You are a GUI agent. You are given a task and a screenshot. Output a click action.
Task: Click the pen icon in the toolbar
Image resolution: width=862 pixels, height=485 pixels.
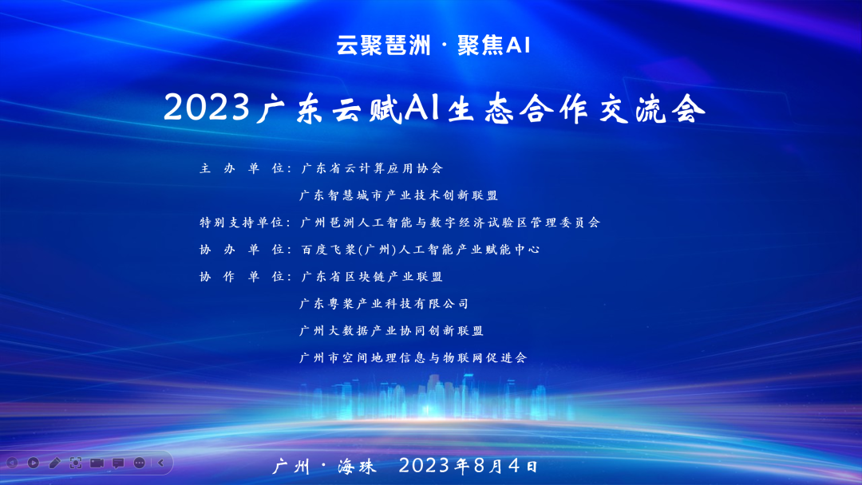pos(54,462)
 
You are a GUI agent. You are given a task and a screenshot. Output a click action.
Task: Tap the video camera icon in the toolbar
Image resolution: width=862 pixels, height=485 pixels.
pos(97,462)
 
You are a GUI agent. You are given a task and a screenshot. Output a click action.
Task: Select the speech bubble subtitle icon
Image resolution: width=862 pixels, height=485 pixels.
pos(118,462)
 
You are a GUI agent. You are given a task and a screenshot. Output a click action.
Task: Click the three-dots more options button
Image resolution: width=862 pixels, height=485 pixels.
pos(140,462)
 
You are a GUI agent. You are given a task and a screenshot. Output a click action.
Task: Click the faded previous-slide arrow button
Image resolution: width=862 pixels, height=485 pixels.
pos(12,462)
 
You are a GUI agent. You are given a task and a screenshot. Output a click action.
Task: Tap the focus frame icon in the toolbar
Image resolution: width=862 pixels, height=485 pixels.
pos(76,462)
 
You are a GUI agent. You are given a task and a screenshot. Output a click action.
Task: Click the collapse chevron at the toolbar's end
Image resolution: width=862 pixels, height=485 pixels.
pos(160,462)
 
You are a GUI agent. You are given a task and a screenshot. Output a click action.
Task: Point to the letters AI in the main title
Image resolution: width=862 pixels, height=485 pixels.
pos(413,108)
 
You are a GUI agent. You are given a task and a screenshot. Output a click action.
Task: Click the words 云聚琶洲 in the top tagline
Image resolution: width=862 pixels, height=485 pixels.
pos(382,46)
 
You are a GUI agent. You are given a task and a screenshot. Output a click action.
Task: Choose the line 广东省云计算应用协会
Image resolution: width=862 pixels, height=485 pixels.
pos(371,168)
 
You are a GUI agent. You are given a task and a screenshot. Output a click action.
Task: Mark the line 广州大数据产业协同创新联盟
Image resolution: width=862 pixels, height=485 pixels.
pos(392,331)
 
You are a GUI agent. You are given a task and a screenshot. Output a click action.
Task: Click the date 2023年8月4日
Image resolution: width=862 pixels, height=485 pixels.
pos(469,464)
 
